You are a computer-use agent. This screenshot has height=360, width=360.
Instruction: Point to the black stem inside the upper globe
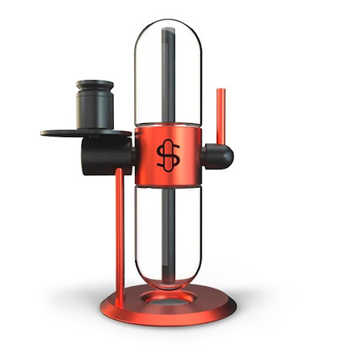point(169,77)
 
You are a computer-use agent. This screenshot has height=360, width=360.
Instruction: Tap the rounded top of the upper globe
point(169,25)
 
